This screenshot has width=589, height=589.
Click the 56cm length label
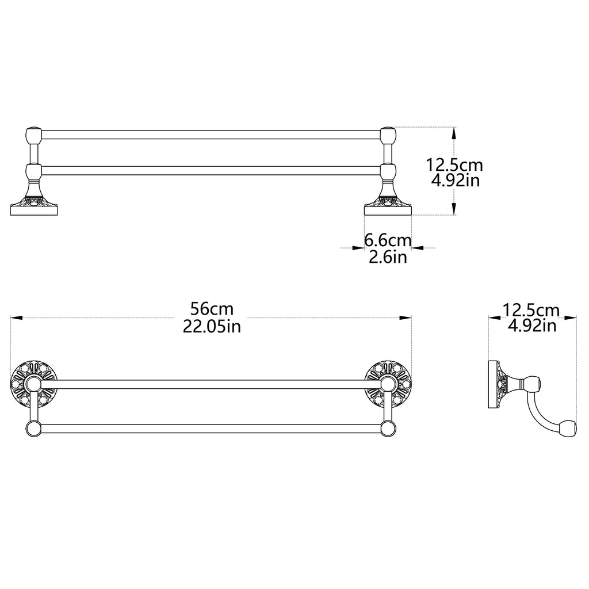click(212, 309)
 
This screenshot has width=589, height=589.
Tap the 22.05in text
click(212, 326)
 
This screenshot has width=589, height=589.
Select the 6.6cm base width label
click(388, 240)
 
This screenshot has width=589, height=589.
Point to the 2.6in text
click(388, 257)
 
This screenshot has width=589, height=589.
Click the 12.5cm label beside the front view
click(454, 165)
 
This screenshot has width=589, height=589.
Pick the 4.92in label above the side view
click(532, 326)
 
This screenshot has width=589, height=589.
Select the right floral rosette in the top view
click(388, 384)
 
